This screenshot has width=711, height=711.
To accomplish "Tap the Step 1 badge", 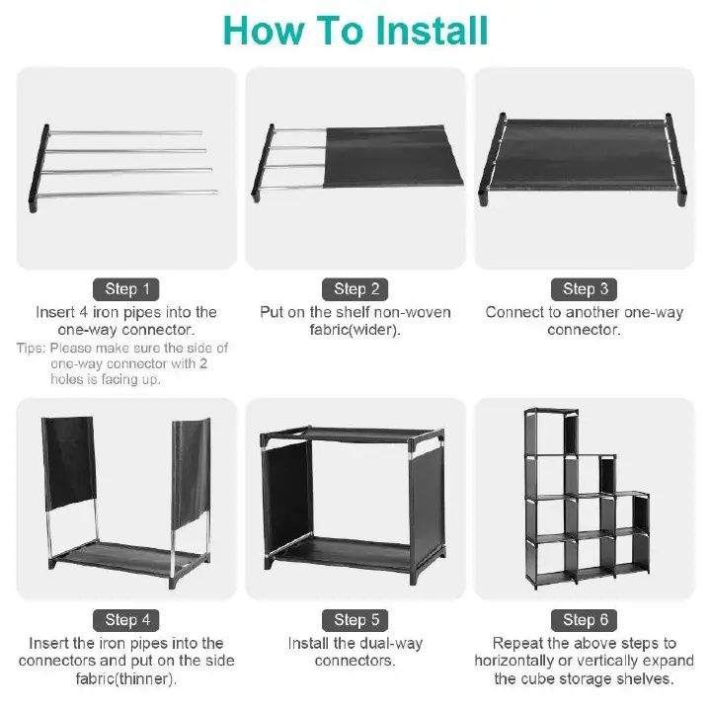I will click(127, 289).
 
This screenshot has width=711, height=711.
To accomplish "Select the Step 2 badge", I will click(356, 289).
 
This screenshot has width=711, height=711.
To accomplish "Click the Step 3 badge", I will click(586, 289).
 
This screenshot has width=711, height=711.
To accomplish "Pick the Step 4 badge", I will click(127, 620).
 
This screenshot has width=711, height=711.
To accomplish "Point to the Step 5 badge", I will click(356, 620).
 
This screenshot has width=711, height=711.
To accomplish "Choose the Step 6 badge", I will click(586, 620).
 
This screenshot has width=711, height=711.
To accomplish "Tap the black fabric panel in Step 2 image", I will click(395, 155).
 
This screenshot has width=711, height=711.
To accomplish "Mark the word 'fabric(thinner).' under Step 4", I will click(127, 679).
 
